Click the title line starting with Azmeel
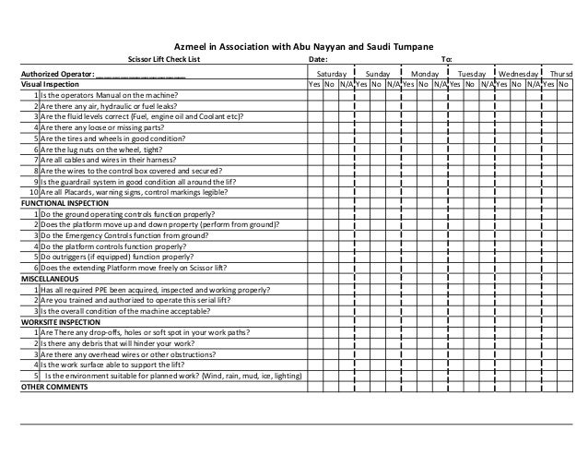(298, 47)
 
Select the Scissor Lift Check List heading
(163, 60)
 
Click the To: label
(448, 60)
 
